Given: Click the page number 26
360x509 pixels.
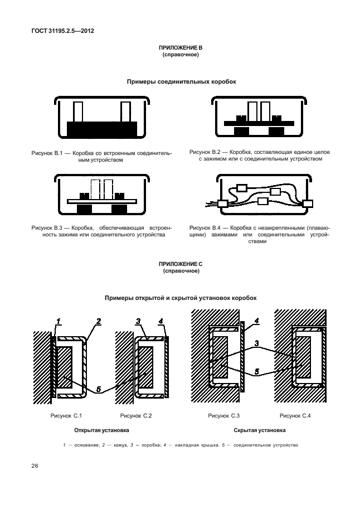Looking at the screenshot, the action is tap(35, 466).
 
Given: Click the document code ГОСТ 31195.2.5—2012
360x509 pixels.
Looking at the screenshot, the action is tap(62, 31).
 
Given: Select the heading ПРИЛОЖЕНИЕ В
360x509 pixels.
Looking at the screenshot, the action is tap(181, 48).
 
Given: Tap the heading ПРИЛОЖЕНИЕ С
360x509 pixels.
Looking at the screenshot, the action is tap(181, 264).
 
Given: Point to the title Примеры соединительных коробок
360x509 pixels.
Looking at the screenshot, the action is tap(182, 82).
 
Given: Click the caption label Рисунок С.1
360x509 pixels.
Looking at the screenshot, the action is tap(66, 415).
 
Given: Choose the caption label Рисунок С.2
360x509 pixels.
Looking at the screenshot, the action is tap(136, 415).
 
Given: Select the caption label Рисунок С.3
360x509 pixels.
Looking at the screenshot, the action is tap(223, 415).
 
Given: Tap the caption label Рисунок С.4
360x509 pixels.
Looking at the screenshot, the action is tap(295, 415).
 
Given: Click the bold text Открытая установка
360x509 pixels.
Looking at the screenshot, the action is tap(101, 430).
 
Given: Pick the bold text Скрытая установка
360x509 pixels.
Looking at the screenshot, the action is tap(260, 430).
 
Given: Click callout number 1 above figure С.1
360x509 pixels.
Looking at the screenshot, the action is tap(59, 321).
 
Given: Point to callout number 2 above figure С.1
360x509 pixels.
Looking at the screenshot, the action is tap(98, 321).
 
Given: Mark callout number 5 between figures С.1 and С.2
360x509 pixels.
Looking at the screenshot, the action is tap(99, 389).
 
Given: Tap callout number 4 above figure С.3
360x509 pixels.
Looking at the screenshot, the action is tap(256, 321).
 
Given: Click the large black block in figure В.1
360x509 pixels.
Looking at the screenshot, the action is tap(102, 130).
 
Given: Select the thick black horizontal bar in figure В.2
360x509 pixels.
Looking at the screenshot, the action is tap(259, 123).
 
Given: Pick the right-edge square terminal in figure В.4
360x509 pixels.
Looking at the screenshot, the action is tap(308, 204).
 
